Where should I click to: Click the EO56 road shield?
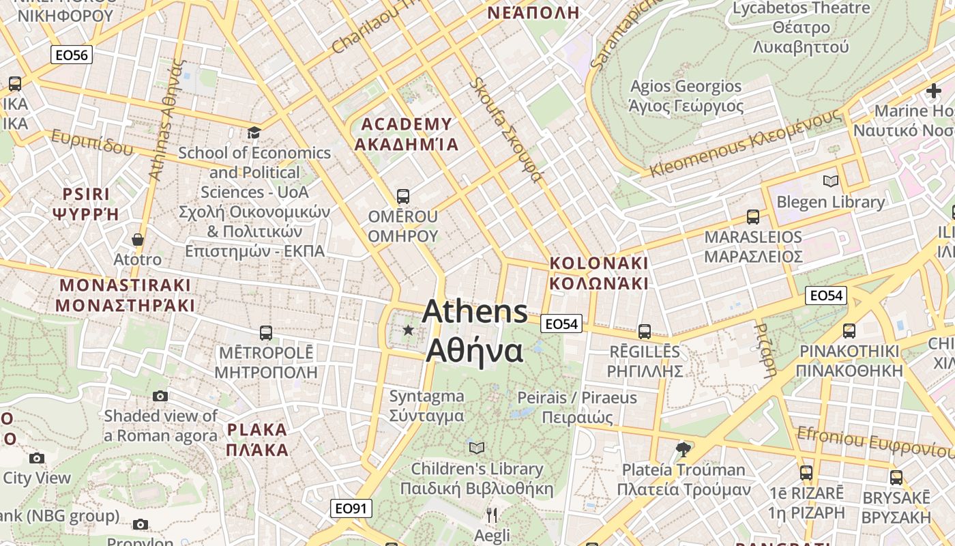[x=72, y=55]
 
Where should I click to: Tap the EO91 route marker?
[x=352, y=508]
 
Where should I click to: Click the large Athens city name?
[x=475, y=331]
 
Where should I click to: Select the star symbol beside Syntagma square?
[x=408, y=330]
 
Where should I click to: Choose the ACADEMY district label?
[x=407, y=134]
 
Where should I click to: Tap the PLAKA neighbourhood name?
[x=257, y=440]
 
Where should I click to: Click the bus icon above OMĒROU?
[x=403, y=197]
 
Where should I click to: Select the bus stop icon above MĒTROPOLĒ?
[x=266, y=333]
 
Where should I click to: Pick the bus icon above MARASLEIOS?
[x=753, y=217]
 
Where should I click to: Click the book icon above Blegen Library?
[x=830, y=181]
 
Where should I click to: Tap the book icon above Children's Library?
[x=477, y=448]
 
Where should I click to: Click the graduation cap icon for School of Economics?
[x=254, y=132]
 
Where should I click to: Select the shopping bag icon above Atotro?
[x=138, y=240]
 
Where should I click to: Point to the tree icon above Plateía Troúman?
[x=682, y=448]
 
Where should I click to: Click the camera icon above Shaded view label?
[x=160, y=396]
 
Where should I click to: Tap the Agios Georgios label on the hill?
[x=686, y=96]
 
